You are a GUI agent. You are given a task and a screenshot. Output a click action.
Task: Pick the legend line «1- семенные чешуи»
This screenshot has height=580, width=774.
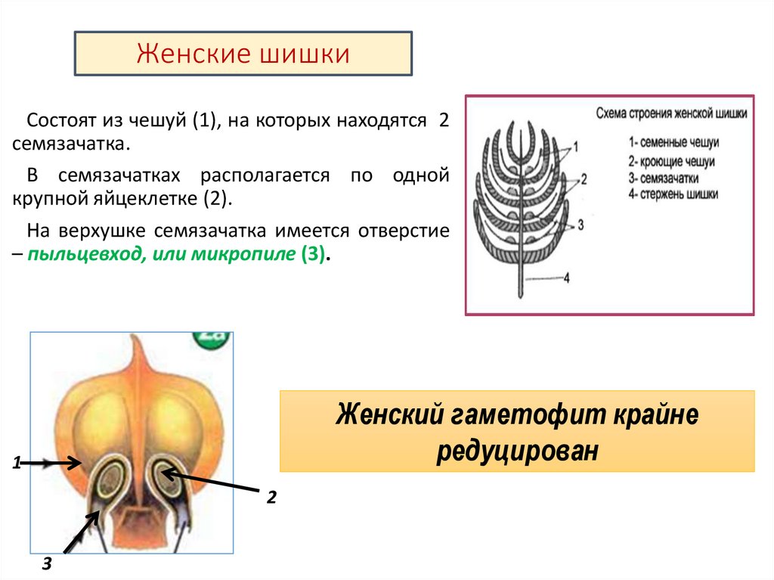pyautogui.click(x=672, y=142)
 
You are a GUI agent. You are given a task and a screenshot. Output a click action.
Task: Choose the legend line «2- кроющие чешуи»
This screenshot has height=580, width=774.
pyautogui.click(x=670, y=161)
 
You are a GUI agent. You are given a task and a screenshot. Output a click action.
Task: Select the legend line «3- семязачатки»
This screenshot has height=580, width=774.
pyautogui.click(x=663, y=178)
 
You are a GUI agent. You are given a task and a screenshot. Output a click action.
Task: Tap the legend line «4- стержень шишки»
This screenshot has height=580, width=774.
pyautogui.click(x=673, y=194)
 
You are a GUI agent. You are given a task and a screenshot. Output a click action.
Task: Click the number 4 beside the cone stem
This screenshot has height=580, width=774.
pyautogui.click(x=565, y=278)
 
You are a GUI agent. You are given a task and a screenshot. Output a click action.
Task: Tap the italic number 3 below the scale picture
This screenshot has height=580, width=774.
pyautogui.click(x=47, y=563)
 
